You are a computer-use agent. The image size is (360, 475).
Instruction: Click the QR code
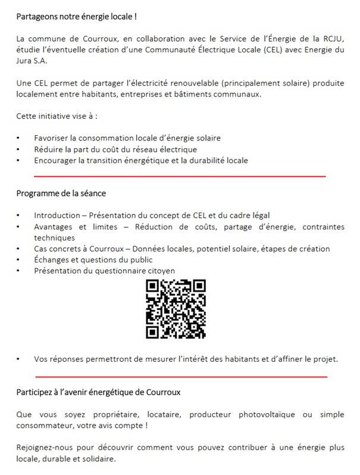click(x=176, y=310)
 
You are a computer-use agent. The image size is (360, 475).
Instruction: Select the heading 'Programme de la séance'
click(x=61, y=193)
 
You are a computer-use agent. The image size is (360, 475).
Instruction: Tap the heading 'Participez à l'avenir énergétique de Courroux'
click(x=98, y=392)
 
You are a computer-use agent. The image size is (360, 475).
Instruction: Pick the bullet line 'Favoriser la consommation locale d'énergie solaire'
click(x=127, y=137)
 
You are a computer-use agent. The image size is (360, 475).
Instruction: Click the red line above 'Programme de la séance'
click(x=180, y=176)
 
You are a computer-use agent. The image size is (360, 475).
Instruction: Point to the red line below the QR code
click(x=181, y=377)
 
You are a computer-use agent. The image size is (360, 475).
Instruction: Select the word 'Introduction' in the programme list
click(x=57, y=215)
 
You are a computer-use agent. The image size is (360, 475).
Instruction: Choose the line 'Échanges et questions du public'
click(x=93, y=260)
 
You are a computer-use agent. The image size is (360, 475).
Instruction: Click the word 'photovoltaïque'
click(x=256, y=414)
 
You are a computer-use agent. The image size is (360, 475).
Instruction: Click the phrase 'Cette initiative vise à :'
click(x=57, y=115)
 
